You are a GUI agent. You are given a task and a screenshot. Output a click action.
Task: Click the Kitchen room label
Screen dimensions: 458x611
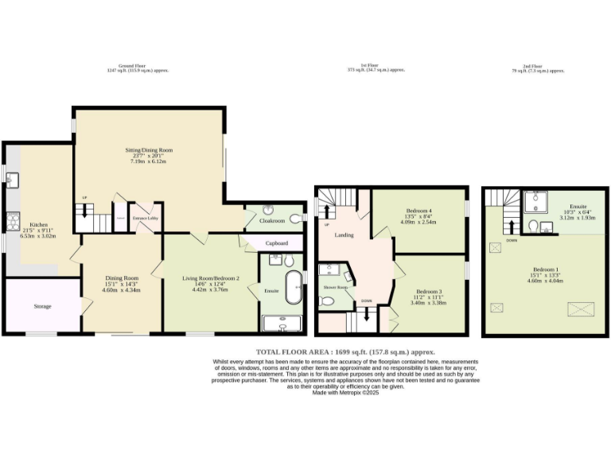[x=39, y=224]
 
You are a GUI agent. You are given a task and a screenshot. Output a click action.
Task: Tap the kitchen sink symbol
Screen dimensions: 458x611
[x=12, y=178]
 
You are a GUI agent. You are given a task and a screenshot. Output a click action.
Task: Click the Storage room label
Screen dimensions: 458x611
[x=42, y=306]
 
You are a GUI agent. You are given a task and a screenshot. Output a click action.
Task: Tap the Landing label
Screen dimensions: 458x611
[x=344, y=235]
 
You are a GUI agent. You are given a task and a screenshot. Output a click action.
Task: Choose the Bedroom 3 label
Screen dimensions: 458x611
[x=428, y=291]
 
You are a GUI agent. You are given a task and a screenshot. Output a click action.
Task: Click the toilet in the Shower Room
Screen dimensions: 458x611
[x=326, y=301]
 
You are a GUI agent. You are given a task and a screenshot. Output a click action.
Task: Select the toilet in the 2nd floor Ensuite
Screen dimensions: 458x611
[x=546, y=227]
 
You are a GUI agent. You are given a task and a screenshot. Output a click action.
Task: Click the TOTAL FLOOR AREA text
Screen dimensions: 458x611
[x=344, y=351]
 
